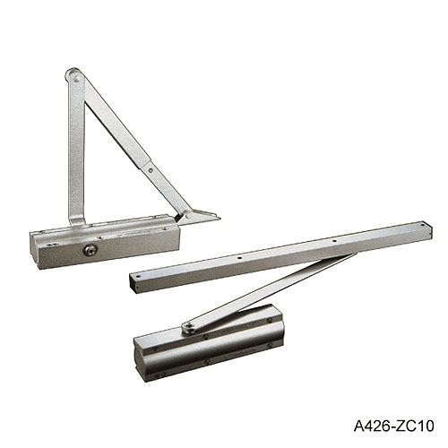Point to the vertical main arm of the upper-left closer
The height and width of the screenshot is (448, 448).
pos(76,152)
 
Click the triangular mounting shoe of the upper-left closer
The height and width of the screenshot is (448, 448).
pos(199,215)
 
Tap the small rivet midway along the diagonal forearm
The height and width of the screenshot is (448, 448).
pos(150,166)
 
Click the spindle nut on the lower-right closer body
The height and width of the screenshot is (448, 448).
pos(188,328)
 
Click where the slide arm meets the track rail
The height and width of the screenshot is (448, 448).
pos(345,257)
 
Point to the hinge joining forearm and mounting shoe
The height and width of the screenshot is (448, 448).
pos(182,215)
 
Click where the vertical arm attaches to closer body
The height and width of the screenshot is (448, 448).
pos(78,220)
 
